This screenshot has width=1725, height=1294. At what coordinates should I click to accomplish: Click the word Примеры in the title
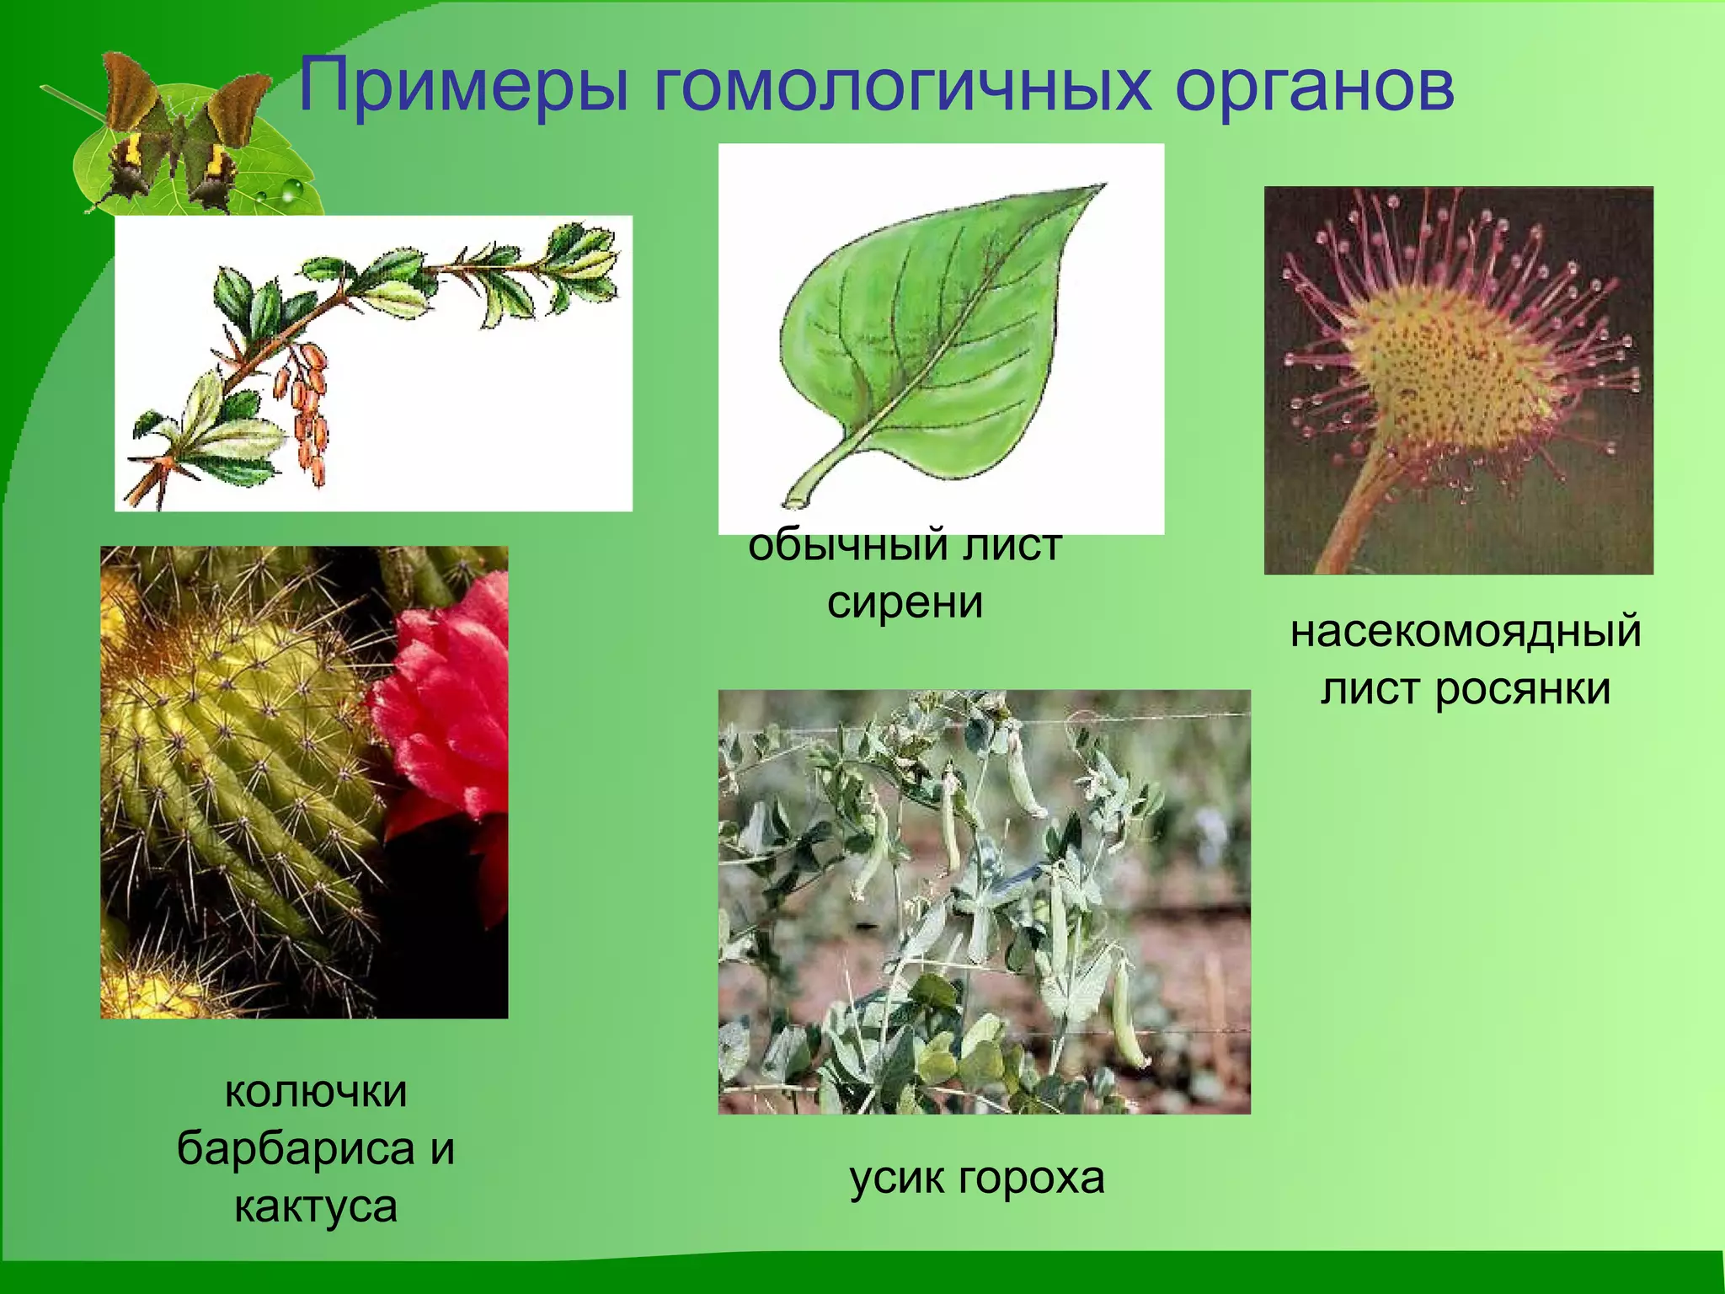point(463,87)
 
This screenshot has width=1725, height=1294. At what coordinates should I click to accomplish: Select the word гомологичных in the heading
point(901,87)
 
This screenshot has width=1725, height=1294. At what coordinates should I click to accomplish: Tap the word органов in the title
point(1314,87)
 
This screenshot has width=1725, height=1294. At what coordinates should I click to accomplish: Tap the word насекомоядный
point(1466,632)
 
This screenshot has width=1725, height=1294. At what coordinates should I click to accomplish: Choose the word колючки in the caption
point(316,1093)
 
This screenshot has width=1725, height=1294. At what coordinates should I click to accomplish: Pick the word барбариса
point(295,1149)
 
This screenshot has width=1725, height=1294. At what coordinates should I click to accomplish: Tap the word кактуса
point(316,1206)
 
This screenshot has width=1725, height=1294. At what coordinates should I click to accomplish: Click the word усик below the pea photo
point(898,1178)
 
